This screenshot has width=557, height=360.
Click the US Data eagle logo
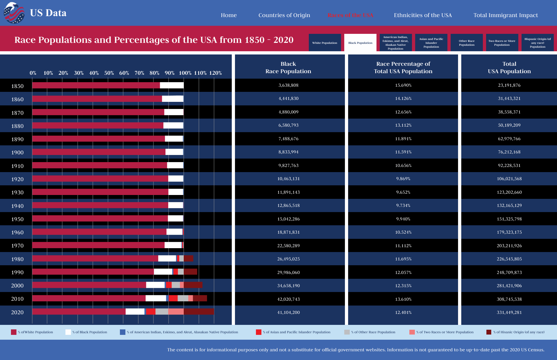[14, 13]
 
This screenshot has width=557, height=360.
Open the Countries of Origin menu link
[284, 15]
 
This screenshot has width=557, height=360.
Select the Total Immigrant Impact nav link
[505, 15]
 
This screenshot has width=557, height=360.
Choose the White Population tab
[325, 43]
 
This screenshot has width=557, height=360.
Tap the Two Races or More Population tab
[502, 43]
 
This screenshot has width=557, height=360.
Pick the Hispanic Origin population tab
[537, 43]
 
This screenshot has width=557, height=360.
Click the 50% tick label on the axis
[109, 73]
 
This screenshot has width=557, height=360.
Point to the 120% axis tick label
[215, 73]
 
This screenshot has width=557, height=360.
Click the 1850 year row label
[17, 86]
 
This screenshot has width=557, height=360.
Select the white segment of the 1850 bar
[171, 85]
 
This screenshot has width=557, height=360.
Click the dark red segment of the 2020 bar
[199, 311]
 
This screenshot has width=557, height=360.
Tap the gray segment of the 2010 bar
[183, 298]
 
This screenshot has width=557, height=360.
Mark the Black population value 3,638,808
[288, 85]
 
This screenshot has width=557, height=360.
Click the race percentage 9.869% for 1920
[403, 179]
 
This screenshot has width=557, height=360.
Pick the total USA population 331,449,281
[509, 312]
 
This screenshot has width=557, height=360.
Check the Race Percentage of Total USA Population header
[403, 67]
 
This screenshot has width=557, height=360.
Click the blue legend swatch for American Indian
[122, 332]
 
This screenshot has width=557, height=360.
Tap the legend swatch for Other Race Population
[347, 332]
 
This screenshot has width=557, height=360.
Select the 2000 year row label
[17, 286]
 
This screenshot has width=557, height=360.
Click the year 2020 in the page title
[283, 40]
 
